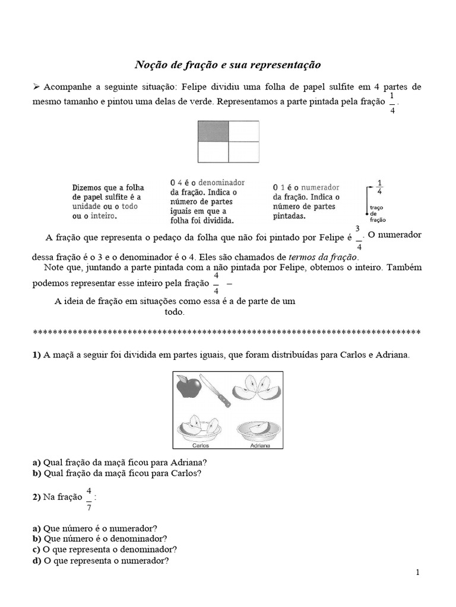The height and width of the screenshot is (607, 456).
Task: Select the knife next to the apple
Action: click(x=215, y=391)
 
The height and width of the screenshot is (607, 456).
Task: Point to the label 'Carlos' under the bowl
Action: click(x=202, y=445)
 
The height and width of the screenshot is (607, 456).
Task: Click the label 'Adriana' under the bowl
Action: click(x=259, y=445)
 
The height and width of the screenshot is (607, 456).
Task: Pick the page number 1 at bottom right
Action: click(x=418, y=572)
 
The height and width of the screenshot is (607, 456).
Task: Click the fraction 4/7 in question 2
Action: click(x=89, y=499)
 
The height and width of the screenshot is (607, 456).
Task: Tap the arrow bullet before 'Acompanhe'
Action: click(x=36, y=87)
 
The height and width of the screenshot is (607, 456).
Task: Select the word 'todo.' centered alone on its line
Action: click(x=175, y=312)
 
